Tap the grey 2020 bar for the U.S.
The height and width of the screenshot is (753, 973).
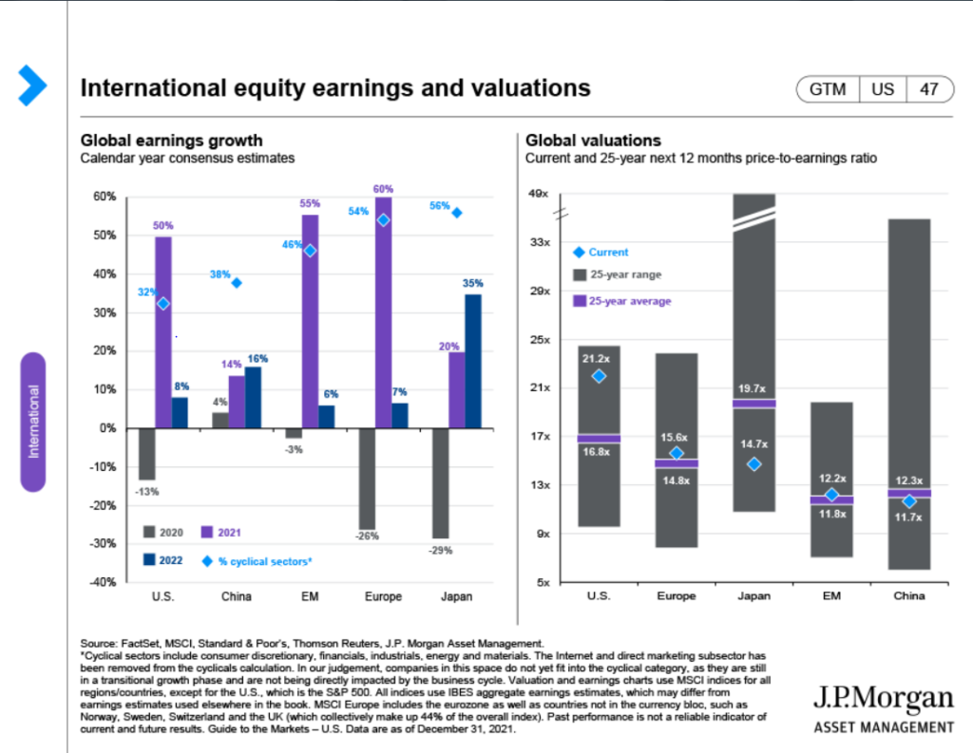tap(146, 454)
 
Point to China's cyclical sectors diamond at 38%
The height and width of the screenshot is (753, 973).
tap(236, 283)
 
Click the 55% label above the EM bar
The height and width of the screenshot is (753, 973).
tap(310, 203)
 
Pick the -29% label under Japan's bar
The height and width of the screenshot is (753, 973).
tap(440, 551)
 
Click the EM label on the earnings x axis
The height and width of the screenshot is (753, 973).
tap(310, 596)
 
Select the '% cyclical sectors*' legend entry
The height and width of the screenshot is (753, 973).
tap(258, 561)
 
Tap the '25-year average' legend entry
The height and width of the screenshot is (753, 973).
tap(630, 301)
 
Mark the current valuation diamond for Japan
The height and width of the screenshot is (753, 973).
tap(754, 464)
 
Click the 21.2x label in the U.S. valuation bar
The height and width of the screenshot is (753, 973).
tap(598, 358)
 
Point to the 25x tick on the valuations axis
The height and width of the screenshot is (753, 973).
tap(541, 339)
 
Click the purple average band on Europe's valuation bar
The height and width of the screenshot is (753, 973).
tap(677, 463)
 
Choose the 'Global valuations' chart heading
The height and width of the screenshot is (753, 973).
tap(593, 141)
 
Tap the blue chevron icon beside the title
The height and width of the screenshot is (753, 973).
tap(32, 86)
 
